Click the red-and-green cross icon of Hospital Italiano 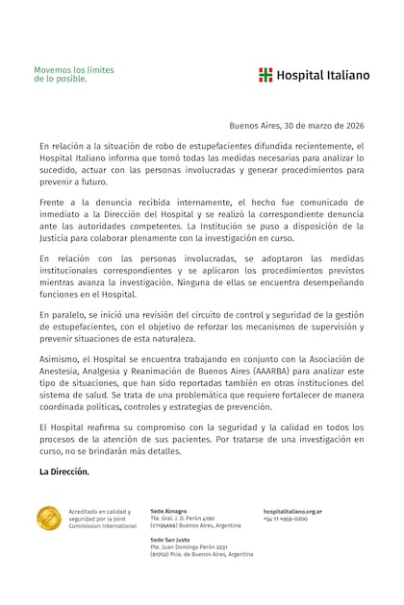(x=265, y=75)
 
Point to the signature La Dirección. (x=64, y=472)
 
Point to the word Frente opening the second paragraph (x=55, y=204)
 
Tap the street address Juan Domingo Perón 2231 (x=196, y=548)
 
